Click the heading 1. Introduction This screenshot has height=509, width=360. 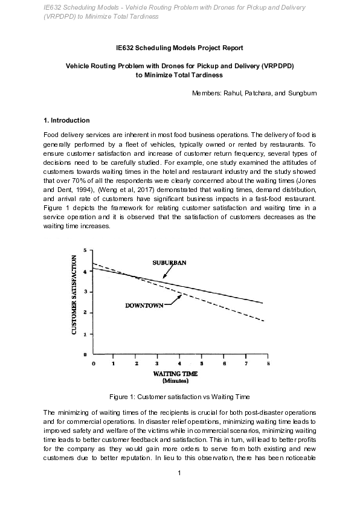coord(67,120)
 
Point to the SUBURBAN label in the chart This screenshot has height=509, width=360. coord(169,263)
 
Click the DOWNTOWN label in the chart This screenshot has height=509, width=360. coord(144,306)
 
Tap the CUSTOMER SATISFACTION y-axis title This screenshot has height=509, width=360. coord(74,295)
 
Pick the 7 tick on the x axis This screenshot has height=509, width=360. coord(246,363)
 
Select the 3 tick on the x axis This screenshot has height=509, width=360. coord(158,363)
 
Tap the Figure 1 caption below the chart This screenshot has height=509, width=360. coord(179,397)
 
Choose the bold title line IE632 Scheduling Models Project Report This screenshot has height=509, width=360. coord(179,47)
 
